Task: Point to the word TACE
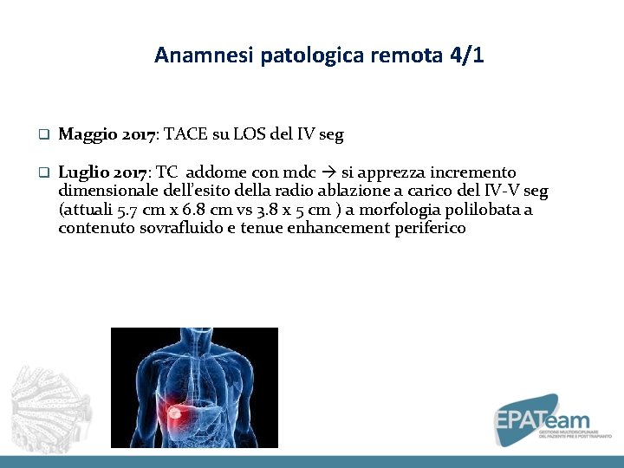pyautogui.click(x=182, y=135)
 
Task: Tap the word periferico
pyautogui.click(x=425, y=229)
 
